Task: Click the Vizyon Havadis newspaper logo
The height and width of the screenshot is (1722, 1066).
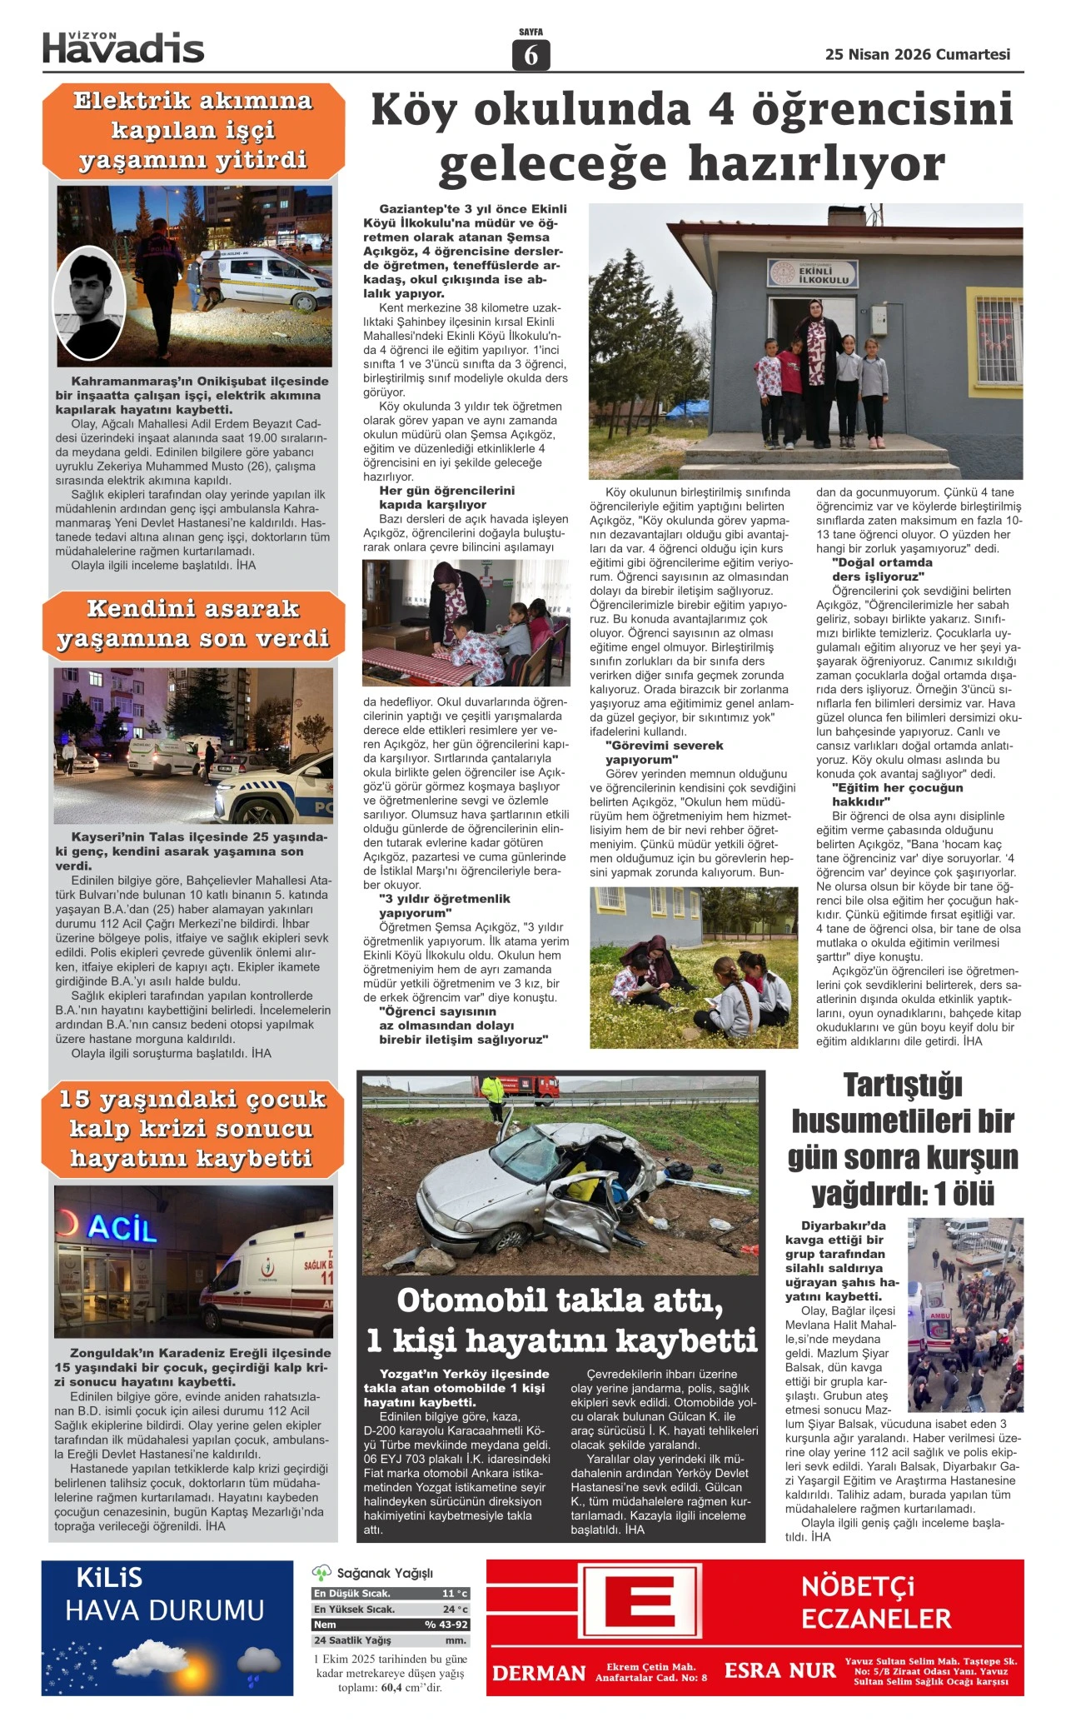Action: coord(123,48)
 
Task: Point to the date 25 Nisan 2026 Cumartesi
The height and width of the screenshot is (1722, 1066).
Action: coord(917,54)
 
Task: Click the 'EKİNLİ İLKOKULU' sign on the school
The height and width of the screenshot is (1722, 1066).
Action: coord(809,274)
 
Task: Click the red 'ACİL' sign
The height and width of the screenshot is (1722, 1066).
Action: coord(122,1228)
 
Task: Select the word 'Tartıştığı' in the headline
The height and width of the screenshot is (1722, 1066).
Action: coord(902,1086)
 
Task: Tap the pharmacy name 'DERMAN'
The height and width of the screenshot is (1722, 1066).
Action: coord(539,1672)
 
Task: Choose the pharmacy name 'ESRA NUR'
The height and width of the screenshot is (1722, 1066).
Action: coord(780,1670)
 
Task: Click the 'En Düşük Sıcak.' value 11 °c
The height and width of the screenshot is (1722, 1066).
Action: coord(455,1594)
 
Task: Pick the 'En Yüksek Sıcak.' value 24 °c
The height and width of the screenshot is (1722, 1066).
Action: coord(455,1610)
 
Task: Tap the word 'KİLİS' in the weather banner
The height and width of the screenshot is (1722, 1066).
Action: coord(109,1578)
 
